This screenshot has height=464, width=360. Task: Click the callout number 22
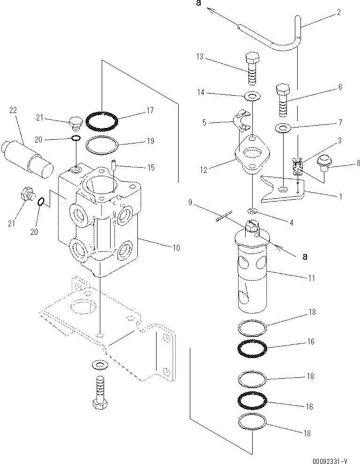click(13, 110)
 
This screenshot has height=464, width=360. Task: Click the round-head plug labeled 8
click(322, 163)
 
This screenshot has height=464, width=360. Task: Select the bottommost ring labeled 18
click(252, 422)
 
